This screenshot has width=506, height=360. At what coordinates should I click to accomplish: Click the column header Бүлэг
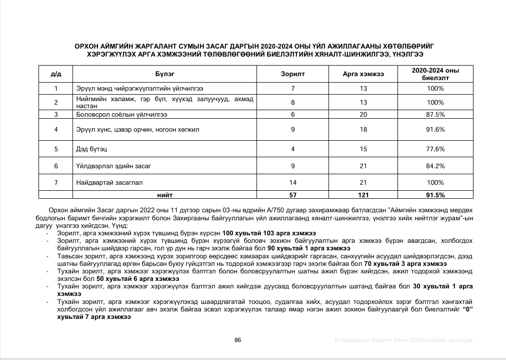click(164, 74)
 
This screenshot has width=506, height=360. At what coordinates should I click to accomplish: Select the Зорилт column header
click(293, 74)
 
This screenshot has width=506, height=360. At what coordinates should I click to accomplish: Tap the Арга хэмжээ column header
click(363, 74)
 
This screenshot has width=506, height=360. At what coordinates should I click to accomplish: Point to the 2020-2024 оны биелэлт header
click(435, 74)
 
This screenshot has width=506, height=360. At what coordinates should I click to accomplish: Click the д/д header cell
click(56, 74)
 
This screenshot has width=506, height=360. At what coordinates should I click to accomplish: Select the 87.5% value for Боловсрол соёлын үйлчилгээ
click(435, 114)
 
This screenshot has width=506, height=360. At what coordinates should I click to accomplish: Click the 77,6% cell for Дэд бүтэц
click(435, 149)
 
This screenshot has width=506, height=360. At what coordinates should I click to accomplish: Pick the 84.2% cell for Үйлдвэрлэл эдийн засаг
click(435, 166)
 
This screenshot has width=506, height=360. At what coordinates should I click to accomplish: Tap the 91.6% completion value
click(435, 130)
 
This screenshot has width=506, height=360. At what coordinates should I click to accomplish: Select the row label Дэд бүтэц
click(91, 149)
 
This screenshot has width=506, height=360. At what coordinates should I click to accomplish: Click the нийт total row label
click(164, 195)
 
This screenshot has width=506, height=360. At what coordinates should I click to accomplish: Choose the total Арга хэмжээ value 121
click(363, 195)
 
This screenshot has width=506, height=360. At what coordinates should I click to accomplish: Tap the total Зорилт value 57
click(293, 195)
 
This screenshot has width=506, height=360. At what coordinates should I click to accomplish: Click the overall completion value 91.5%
click(435, 195)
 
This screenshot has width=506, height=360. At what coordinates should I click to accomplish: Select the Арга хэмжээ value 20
click(363, 114)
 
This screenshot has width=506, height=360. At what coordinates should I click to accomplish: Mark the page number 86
click(238, 340)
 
